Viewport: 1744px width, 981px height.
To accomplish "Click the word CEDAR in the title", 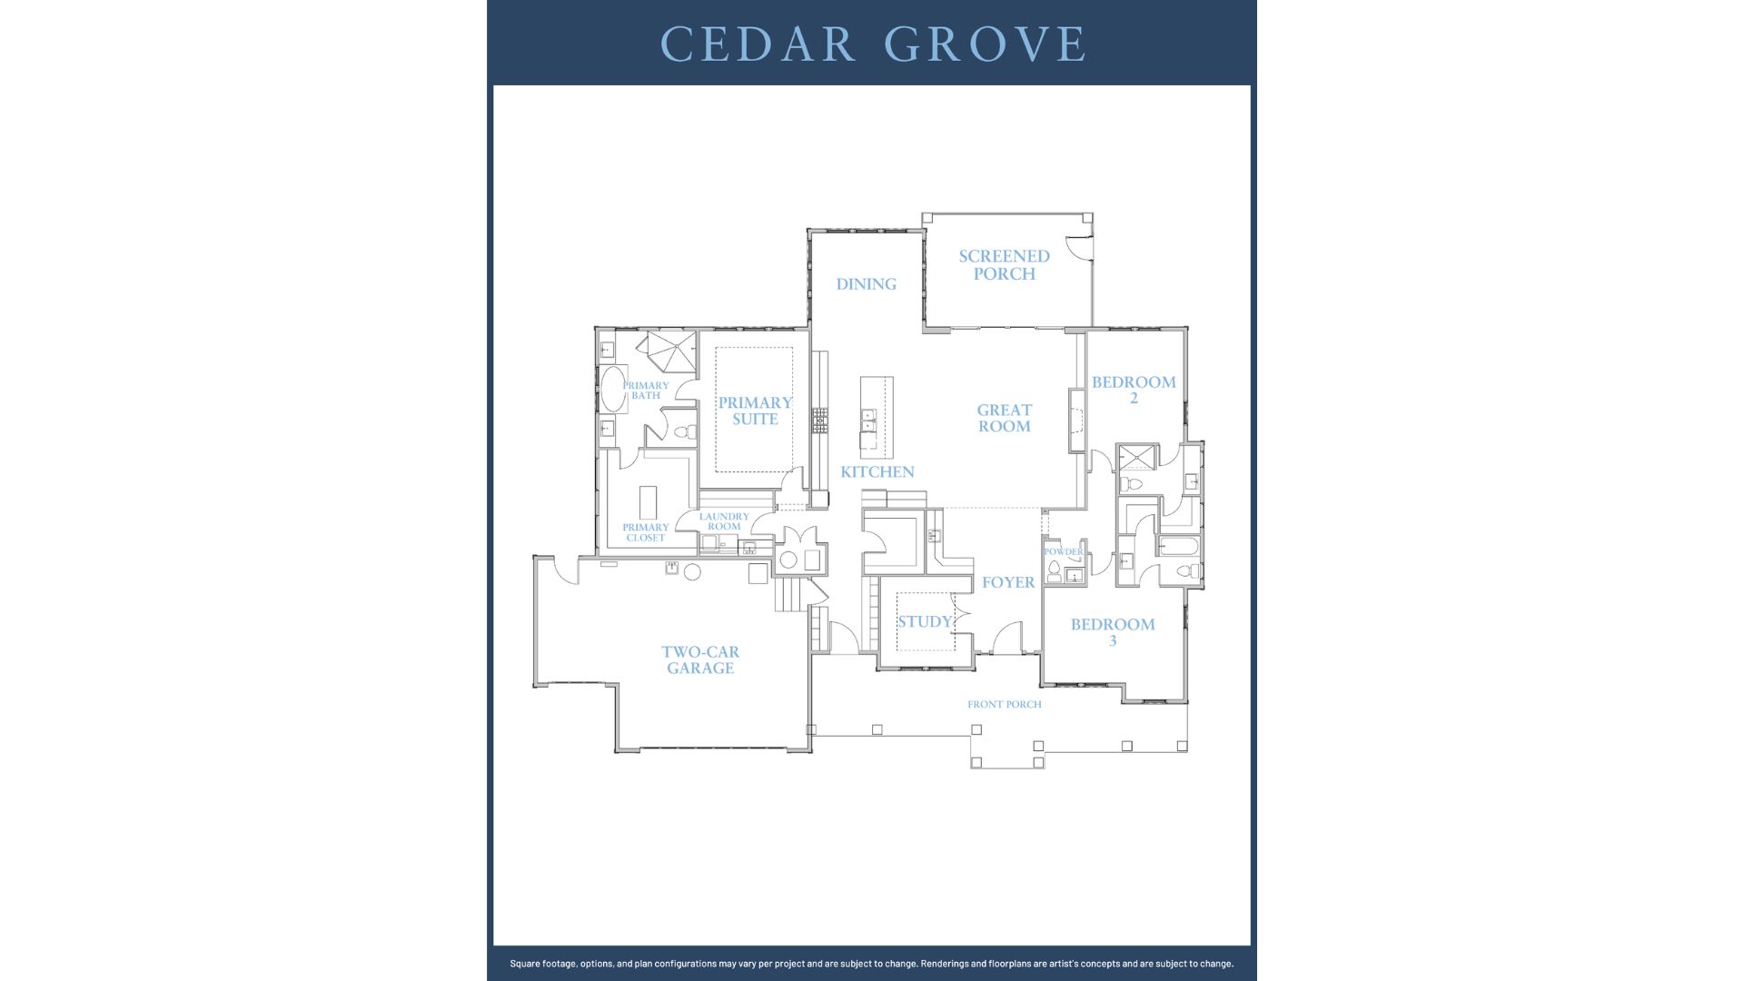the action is pos(758,44).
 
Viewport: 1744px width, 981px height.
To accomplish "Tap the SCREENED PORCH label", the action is pos(1004,265).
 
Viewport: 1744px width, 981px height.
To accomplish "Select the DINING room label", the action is pos(866,284).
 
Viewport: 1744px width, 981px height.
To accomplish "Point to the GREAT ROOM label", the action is pos(1004,418).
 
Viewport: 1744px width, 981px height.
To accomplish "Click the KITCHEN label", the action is pos(877,472).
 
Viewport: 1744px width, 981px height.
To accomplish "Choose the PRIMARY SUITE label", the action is pos(755,411).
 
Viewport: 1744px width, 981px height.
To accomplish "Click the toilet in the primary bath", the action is pos(687,432).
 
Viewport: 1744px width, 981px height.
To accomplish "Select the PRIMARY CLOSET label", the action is pos(645,532).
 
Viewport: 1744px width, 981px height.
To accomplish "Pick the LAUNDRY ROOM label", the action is pos(724,521).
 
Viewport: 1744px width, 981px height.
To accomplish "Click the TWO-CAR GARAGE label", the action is pos(699,660).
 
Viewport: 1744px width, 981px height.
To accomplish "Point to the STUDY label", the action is pos(924,622).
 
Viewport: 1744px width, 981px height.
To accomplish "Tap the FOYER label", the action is pos(1007,582).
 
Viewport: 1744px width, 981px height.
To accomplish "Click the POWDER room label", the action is pos(1063,551).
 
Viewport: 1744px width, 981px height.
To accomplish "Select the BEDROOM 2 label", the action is pos(1134,390).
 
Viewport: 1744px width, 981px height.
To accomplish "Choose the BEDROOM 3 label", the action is pos(1113,632).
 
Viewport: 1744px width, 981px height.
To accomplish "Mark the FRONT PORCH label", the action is pos(1004,704).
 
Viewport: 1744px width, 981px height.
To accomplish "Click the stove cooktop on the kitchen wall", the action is pos(820,419).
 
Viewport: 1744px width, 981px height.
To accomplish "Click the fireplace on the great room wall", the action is pos(1077,421).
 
